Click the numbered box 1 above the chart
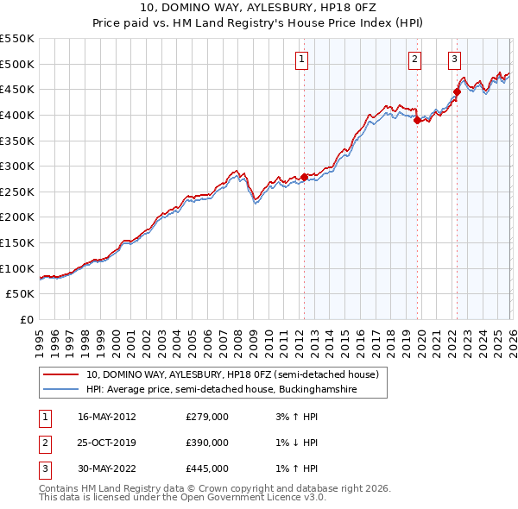(x=302, y=60)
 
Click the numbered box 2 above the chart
(x=415, y=60)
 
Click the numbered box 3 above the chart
(x=454, y=60)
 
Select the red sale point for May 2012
(x=304, y=177)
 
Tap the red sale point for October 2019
(x=417, y=120)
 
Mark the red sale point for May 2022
(x=457, y=92)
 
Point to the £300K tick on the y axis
(x=17, y=166)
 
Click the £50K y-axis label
(x=21, y=294)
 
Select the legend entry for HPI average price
(x=219, y=390)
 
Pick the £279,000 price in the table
(x=207, y=417)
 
